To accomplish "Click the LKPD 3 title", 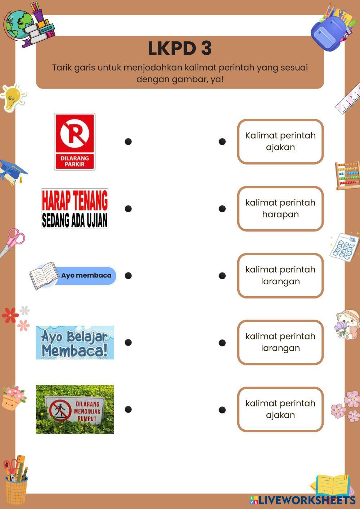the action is (180, 48).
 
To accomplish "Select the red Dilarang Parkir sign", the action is (75, 141).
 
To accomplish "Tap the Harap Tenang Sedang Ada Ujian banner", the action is (75, 208).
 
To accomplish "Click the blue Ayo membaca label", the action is (86, 275).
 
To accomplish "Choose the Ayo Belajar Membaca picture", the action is (75, 342).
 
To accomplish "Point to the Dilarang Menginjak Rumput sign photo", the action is (75, 409).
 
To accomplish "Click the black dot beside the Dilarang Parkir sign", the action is (128, 141).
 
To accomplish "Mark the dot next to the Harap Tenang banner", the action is (128, 208).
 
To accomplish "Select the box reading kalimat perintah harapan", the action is (280, 208).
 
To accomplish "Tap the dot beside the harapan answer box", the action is (222, 208).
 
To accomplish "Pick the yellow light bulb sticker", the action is (13, 98).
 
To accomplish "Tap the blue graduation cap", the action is (13, 171).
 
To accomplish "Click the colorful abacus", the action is (348, 175).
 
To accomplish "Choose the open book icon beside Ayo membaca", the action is (44, 276).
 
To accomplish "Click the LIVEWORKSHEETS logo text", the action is (306, 500).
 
